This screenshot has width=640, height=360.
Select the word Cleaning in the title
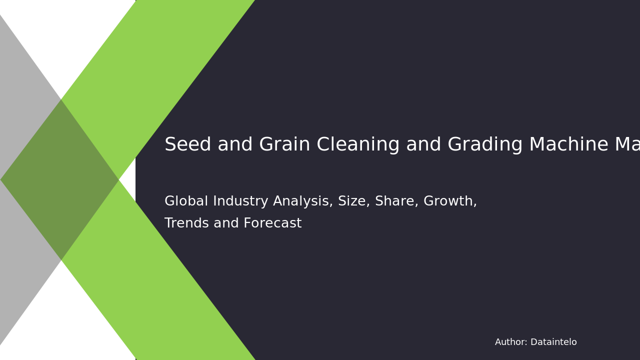358,145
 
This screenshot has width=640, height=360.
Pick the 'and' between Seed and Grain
233,145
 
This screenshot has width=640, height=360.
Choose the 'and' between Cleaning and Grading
423,145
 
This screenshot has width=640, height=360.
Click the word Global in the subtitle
185,201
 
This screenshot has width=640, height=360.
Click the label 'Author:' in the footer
510,342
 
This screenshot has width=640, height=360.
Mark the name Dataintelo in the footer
553,342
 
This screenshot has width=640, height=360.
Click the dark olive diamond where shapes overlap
60,179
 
